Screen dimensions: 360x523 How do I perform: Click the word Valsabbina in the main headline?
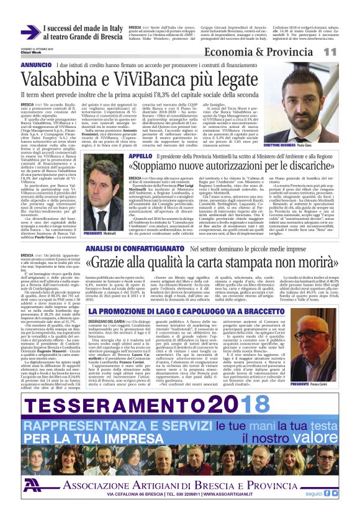click(x=68, y=81)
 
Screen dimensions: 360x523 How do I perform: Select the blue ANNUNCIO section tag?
click(x=36, y=65)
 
